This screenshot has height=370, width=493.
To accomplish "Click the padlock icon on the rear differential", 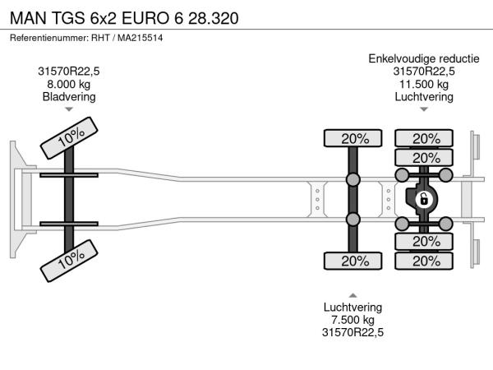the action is (424, 200).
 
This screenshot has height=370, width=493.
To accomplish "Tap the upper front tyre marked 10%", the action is (69, 138).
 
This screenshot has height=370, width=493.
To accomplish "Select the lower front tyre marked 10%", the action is (69, 261).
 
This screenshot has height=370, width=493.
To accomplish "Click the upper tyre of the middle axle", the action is (352, 138).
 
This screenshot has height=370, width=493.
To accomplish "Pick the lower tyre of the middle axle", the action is (352, 261).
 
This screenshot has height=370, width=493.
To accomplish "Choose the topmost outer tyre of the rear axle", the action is (424, 138).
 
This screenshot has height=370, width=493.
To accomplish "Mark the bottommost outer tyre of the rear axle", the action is (424, 261).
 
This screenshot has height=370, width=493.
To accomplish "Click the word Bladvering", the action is (69, 96).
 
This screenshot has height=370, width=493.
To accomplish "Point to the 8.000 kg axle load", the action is (69, 84).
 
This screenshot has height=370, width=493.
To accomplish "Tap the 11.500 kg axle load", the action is (424, 84).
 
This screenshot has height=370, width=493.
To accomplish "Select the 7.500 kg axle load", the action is (352, 320).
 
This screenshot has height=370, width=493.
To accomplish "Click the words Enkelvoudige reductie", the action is (424, 59).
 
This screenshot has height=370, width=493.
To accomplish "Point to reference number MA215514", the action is (141, 38).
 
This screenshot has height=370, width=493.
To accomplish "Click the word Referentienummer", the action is (49, 38).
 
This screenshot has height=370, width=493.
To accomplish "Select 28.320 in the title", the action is (214, 18).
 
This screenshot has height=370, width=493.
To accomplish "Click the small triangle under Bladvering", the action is (69, 109).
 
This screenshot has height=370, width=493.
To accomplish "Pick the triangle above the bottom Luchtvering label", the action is (352, 295).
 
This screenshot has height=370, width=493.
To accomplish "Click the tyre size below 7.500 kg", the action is (352, 332).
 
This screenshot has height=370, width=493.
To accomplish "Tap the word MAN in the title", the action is (28, 18).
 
